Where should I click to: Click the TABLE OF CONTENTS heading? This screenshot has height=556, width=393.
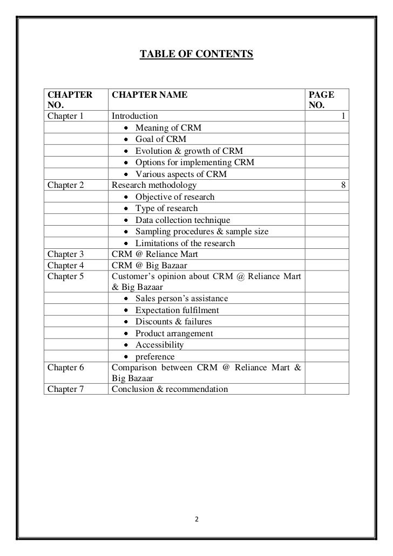[196, 55]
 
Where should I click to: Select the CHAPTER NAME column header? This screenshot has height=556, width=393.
[150, 96]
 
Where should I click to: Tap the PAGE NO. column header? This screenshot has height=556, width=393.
[321, 100]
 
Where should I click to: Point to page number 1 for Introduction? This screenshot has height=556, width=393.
[344, 116]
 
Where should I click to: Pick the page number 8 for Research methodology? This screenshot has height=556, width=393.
[344, 186]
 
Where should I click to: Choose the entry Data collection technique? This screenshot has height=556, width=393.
[182, 220]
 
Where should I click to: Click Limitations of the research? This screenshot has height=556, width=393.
[185, 243]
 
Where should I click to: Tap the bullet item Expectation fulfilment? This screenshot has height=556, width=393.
[177, 310]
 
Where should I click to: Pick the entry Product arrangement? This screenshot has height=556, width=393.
[174, 334]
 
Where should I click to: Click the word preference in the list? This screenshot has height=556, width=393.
[155, 357]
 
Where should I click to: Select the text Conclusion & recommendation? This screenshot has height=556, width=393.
[170, 389]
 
